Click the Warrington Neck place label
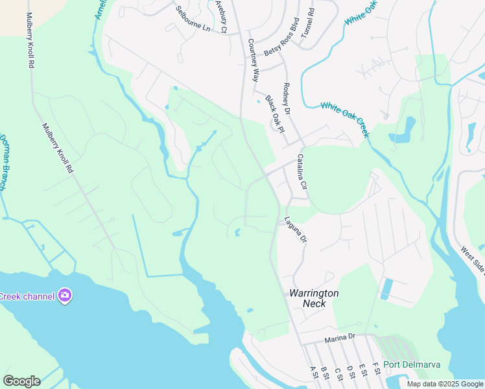(x=314, y=299)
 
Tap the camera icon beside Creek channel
(x=64, y=296)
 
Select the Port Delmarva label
(x=411, y=364)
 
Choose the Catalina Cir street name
(x=302, y=172)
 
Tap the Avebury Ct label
(x=222, y=16)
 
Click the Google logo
(x=21, y=381)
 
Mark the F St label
(x=373, y=370)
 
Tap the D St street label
(x=350, y=371)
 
